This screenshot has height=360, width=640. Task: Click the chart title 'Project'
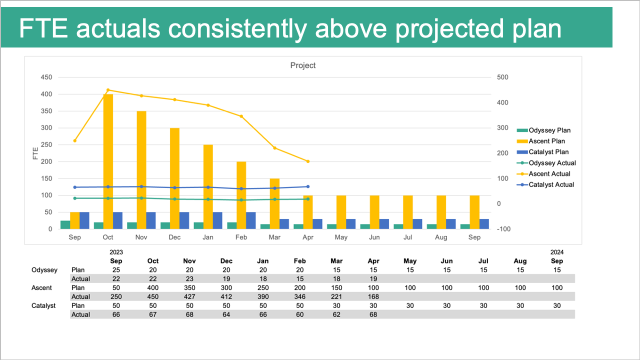pos(303,65)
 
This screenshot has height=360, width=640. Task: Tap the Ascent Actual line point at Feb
pos(241,116)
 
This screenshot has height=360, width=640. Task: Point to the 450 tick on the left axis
pos(46,77)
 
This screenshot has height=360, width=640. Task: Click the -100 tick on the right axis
pos(502,229)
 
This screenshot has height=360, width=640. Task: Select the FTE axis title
pos(35,153)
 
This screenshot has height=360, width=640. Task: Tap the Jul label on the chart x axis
pos(407,237)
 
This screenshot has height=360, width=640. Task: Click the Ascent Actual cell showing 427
pos(189,296)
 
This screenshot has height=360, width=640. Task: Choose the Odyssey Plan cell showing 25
pos(115,270)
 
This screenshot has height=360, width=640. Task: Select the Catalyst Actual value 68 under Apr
pos(373,314)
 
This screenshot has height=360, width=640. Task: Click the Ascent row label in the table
pos(41,288)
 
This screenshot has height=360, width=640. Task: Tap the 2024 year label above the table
pos(556,252)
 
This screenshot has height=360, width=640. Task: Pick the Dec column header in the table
pos(226,261)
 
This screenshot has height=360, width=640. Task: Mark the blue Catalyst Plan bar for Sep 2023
pos(84,220)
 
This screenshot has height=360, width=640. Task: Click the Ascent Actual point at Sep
pos(75,140)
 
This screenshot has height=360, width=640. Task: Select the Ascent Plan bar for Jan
pos(208,186)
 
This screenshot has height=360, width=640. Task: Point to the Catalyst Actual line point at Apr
pos(308,186)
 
